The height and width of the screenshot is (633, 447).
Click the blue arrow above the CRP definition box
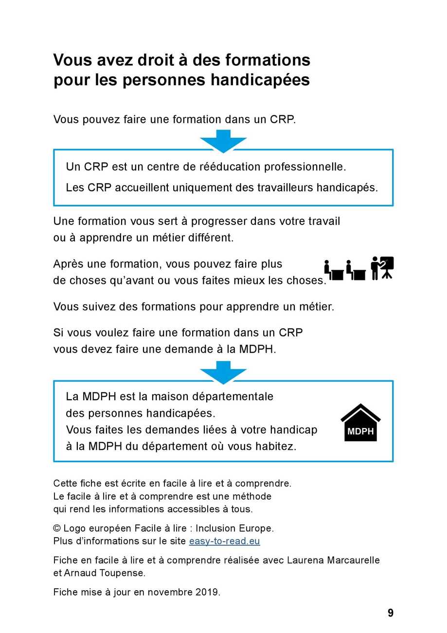(223, 140)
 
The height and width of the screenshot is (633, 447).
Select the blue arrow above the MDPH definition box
(223, 372)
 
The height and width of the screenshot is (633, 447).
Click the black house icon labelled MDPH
(360, 423)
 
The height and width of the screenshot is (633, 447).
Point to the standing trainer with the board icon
(382, 268)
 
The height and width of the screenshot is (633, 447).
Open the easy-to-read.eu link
(224, 541)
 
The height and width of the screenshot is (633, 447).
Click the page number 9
(391, 613)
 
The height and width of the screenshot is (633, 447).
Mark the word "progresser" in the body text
(219, 221)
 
